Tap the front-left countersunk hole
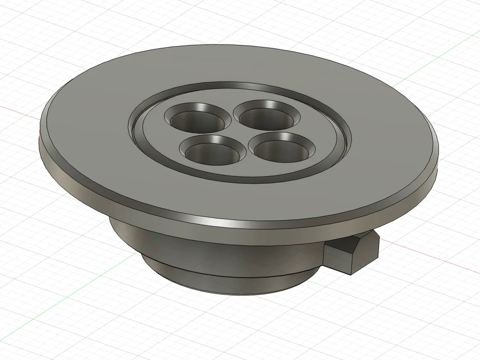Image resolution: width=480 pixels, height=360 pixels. pyautogui.click(x=212, y=152)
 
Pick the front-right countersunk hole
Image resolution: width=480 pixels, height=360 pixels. pyautogui.click(x=283, y=149)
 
